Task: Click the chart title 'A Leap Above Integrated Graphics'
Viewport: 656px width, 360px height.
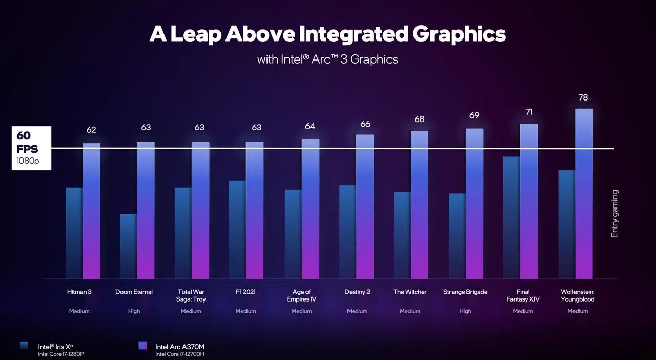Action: pos(327,34)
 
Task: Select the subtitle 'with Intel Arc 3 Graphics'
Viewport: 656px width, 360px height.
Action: pos(327,59)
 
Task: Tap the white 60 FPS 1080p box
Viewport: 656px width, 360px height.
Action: pos(31,148)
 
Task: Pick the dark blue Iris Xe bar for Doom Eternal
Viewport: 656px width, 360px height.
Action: pos(128,246)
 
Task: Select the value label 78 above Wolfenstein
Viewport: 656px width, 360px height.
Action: pos(583,97)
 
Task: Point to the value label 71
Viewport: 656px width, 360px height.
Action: pos(529,112)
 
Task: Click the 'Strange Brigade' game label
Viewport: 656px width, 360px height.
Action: pos(465,292)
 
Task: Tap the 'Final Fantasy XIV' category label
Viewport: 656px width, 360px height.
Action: pos(523,295)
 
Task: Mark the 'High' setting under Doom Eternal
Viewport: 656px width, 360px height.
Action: pos(134,311)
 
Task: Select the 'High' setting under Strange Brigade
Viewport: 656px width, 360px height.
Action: pos(465,311)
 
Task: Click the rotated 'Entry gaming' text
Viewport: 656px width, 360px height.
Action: pos(614,213)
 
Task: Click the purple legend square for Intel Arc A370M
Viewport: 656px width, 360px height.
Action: pos(142,346)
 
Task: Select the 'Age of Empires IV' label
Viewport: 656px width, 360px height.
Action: pos(301,295)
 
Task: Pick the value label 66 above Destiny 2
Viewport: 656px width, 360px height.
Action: pos(365,124)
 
